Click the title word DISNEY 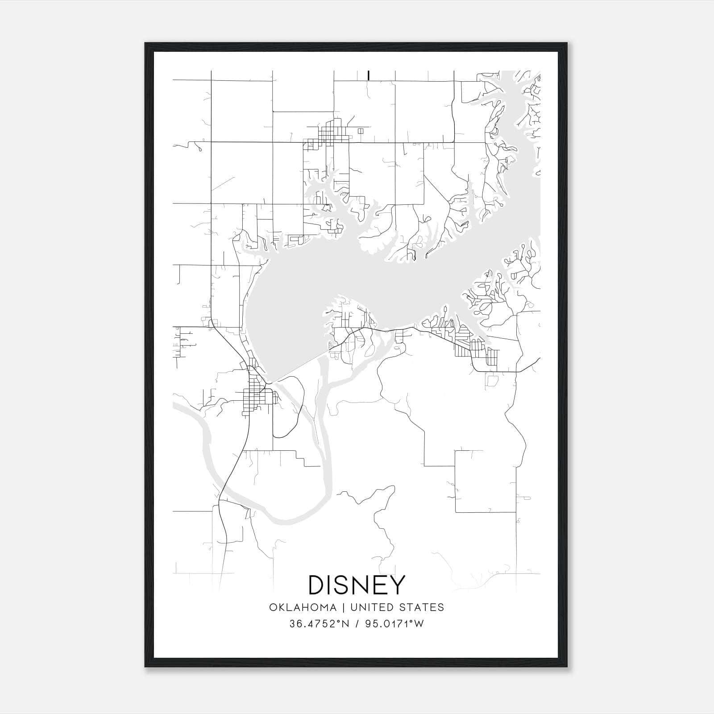pyautogui.click(x=357, y=585)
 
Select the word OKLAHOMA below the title pyautogui.click(x=302, y=607)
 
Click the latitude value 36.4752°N pyautogui.click(x=319, y=624)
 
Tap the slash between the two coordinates pyautogui.click(x=357, y=624)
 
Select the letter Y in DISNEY pyautogui.click(x=397, y=585)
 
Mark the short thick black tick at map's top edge pyautogui.click(x=368, y=75)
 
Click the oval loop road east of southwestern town pyautogui.click(x=290, y=406)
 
